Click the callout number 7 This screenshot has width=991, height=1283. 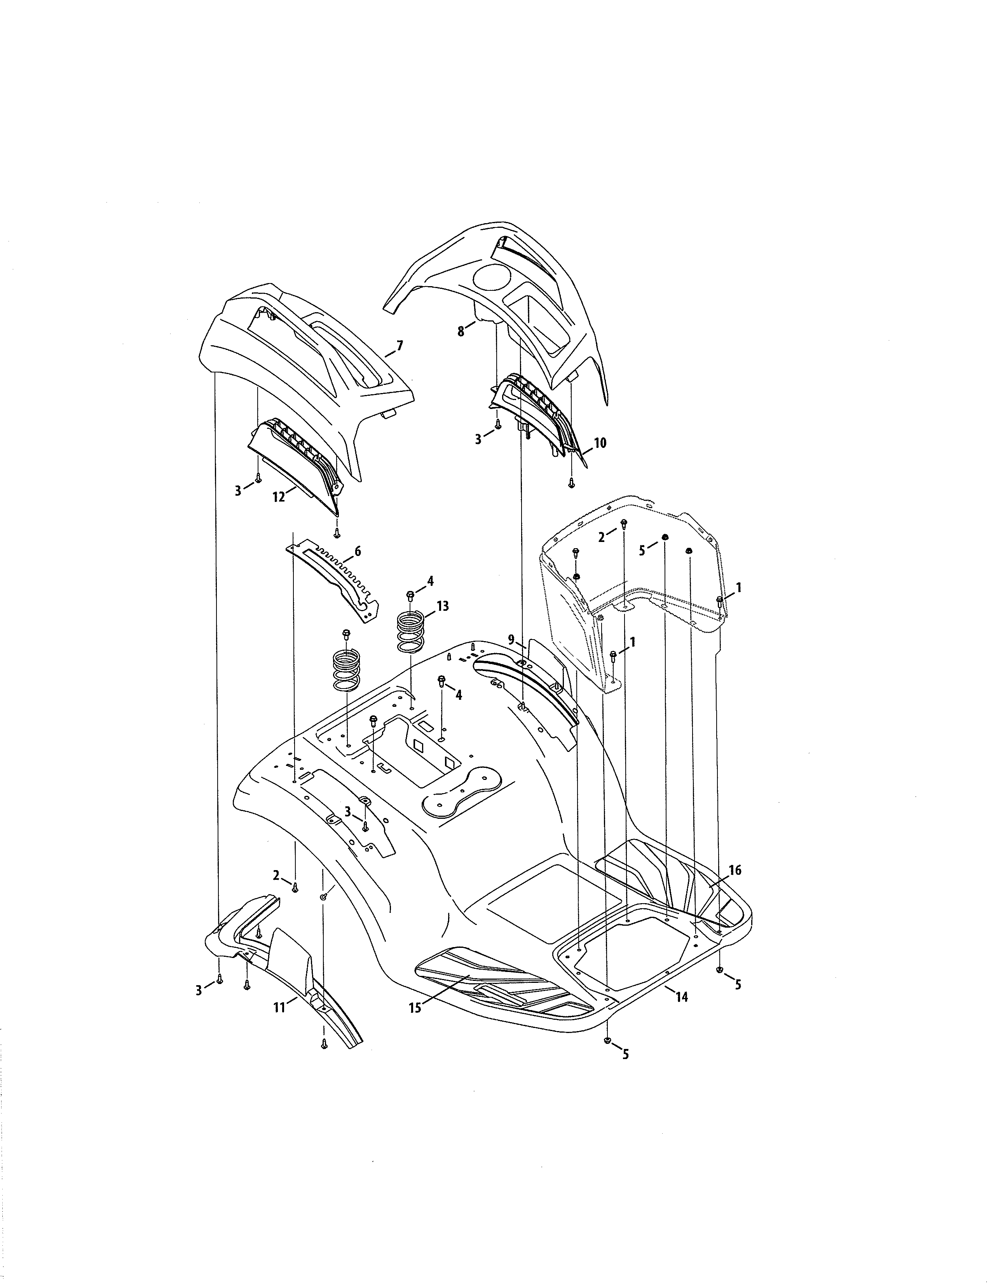[400, 346]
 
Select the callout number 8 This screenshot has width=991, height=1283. [461, 331]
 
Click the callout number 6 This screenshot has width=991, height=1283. [358, 551]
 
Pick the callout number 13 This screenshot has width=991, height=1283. [442, 606]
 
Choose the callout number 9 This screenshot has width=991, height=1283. [511, 638]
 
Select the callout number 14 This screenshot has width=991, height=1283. [682, 997]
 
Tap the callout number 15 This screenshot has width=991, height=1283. [415, 1008]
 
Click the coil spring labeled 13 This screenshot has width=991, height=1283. [411, 631]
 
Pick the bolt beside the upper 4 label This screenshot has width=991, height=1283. [410, 596]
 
